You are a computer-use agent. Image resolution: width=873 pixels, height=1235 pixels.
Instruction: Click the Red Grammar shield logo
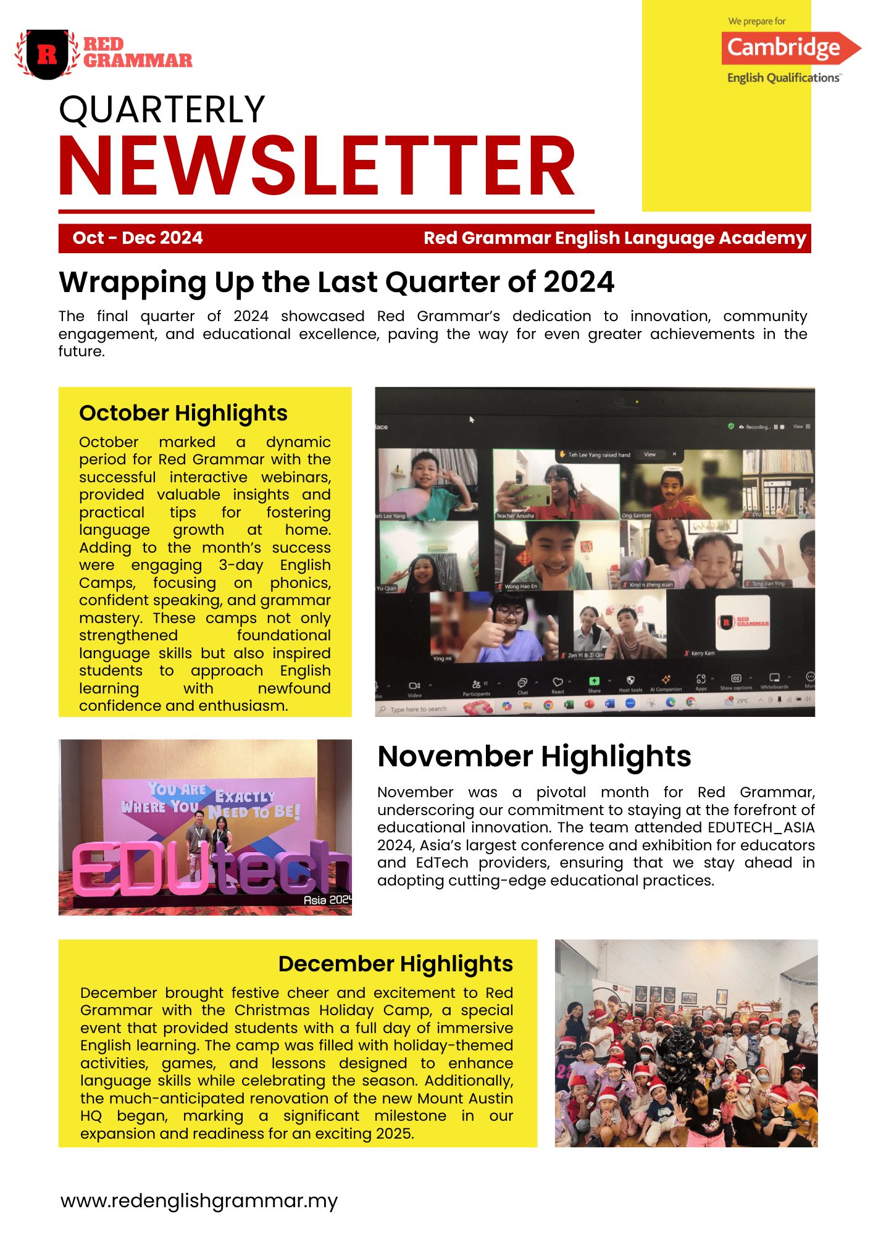point(48,54)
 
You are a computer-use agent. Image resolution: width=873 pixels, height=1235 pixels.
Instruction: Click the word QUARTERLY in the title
point(162,110)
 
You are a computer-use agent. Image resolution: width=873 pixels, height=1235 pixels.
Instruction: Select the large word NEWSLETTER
point(317,167)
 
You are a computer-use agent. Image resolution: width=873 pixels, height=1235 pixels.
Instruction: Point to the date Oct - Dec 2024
point(138,238)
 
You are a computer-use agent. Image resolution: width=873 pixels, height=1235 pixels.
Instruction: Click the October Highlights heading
point(183,413)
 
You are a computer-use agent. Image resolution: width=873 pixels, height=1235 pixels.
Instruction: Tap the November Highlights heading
point(534,756)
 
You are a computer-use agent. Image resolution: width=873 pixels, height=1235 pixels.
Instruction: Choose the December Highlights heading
point(396,964)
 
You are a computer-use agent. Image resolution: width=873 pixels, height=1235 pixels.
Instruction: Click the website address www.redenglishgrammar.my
point(199,1200)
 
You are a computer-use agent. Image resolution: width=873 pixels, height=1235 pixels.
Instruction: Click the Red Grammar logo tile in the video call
point(743,622)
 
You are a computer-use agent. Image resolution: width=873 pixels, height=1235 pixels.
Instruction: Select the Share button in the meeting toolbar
point(594,684)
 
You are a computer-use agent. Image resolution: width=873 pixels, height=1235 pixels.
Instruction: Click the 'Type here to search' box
point(418,709)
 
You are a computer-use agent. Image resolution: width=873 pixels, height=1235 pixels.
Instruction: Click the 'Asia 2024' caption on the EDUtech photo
point(327,900)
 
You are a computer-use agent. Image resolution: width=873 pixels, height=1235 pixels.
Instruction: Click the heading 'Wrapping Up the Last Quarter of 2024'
point(336,282)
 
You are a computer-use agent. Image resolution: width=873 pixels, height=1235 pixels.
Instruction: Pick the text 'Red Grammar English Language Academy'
point(615,238)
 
